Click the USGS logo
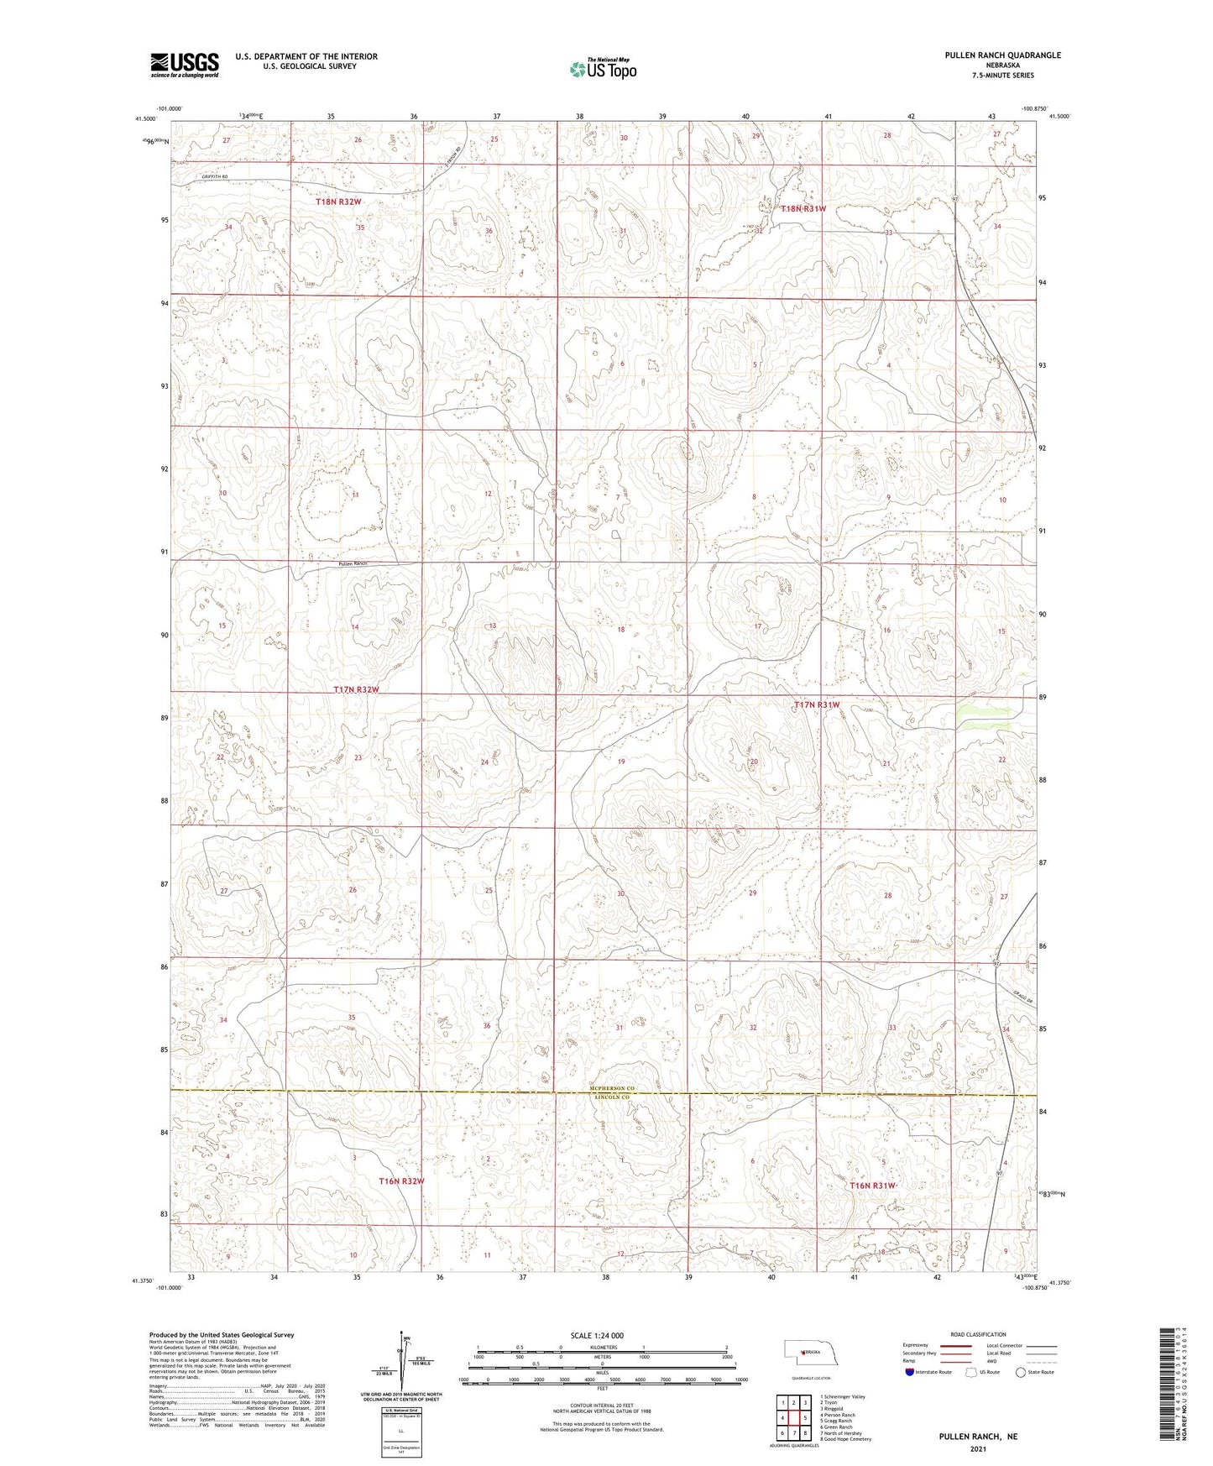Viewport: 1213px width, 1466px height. [185, 65]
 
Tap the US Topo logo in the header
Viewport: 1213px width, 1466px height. [602, 69]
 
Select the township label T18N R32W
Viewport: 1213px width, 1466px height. [338, 202]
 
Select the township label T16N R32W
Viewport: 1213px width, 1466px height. [401, 1181]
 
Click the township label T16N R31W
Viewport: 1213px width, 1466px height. [873, 1186]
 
